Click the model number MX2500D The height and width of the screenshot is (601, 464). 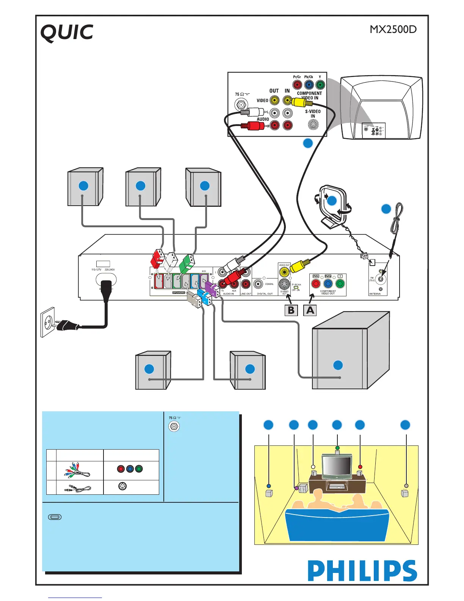pos(393,29)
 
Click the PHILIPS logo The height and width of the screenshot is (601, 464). pos(362,571)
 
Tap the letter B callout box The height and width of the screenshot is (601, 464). pos(291,310)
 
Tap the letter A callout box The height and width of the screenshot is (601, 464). pos(310,310)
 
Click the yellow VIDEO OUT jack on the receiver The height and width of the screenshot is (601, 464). pos(284,272)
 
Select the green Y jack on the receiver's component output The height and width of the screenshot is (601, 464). pos(340,283)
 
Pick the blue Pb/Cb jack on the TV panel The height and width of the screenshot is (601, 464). pos(309,85)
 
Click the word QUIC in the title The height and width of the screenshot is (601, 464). pos(67,33)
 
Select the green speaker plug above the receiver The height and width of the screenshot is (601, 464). pos(187,263)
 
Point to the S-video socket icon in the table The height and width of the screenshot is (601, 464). pos(122,486)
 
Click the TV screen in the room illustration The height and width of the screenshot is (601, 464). pos(336,466)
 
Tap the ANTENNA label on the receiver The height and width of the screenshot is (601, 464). pos(375,294)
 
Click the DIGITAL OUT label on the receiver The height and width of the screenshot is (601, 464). pos(265,294)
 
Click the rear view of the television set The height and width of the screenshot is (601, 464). pos(381,108)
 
